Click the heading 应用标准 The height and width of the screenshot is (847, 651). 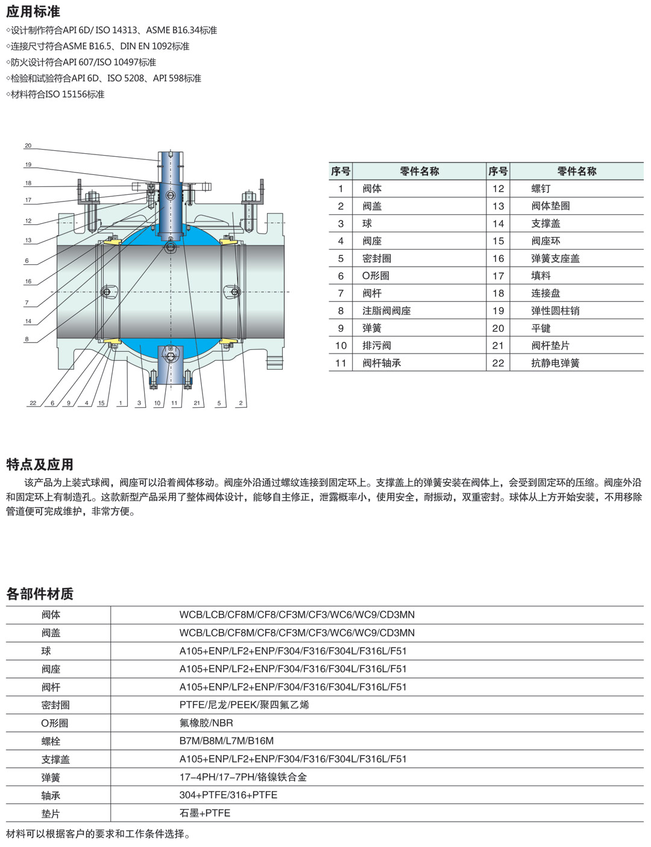(33, 11)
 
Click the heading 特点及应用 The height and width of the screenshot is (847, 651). (40, 465)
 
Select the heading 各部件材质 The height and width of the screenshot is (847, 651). (40, 594)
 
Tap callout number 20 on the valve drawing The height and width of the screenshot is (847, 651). (28, 146)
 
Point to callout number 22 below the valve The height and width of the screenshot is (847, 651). (33, 403)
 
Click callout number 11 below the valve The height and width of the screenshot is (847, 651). (174, 403)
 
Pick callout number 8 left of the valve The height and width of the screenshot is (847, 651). (27, 339)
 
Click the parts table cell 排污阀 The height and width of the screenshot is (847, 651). (377, 346)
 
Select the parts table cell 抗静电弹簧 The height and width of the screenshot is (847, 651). (555, 363)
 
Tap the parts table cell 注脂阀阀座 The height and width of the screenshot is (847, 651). (386, 311)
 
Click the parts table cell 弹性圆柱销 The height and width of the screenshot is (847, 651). (555, 311)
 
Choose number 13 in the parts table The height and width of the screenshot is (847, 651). (498, 206)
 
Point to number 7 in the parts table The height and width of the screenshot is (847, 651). (341, 293)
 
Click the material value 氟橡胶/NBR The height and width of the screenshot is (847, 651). (206, 723)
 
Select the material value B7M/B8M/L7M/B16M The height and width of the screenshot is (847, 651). (226, 741)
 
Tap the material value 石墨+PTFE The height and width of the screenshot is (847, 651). (205, 813)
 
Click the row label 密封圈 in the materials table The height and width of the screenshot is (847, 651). (55, 705)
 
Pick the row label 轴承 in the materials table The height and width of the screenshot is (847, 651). (51, 796)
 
